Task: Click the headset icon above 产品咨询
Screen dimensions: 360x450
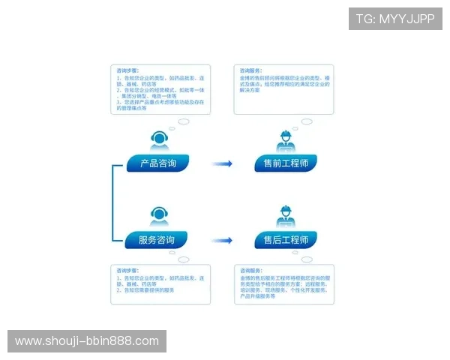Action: [158, 140]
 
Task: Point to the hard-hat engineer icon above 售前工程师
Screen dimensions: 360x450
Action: [285, 140]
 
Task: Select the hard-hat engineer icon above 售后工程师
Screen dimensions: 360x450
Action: [285, 217]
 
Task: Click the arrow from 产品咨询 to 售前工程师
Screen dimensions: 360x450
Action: [221, 163]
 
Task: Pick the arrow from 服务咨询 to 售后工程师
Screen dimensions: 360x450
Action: [221, 241]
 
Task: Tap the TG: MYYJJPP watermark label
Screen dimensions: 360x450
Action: [395, 19]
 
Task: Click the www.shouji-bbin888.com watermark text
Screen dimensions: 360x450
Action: [87, 341]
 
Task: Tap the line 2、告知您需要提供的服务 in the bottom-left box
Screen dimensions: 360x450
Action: [145, 290]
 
